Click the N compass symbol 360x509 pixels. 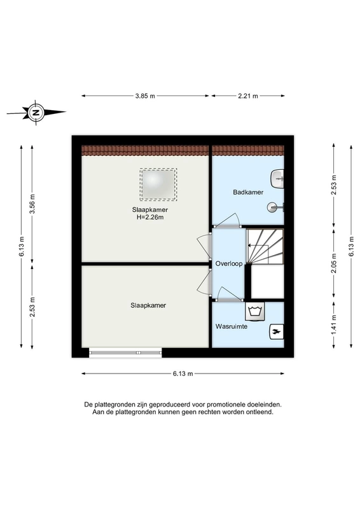pos(36,113)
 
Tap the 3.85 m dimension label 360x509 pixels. pos(145,96)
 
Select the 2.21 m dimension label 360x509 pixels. pos(247,96)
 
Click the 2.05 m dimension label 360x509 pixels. pos(333,263)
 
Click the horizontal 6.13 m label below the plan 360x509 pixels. pos(183,373)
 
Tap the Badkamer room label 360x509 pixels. pos(246,192)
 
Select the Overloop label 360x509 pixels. pos(228,263)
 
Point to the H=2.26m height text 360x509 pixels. pos(150,218)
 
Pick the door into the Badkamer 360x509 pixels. pos(226,222)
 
